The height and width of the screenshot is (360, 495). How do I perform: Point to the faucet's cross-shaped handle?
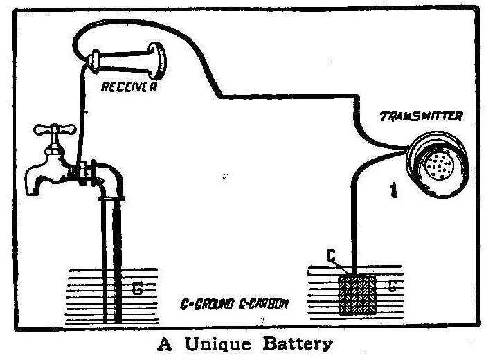[x=53, y=129]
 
